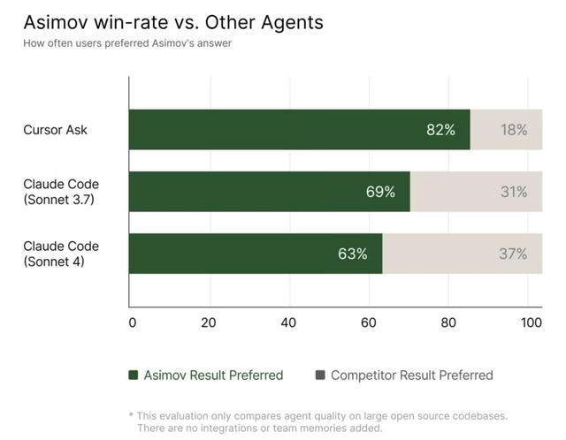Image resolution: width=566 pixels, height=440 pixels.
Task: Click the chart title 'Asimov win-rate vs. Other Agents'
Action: [173, 22]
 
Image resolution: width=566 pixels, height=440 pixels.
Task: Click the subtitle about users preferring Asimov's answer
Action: [127, 43]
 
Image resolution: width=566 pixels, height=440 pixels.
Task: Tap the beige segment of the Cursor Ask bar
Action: [506, 130]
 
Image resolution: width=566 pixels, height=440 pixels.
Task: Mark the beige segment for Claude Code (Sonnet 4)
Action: [462, 254]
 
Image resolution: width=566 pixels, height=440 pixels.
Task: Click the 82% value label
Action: [440, 130]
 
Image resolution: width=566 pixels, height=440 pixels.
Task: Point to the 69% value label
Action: [380, 192]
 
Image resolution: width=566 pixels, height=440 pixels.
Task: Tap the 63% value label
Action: [352, 254]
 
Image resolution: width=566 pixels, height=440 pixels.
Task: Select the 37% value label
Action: [512, 254]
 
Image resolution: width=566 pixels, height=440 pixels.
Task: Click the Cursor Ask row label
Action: [55, 130]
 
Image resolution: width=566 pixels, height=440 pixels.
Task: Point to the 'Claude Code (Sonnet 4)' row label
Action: [61, 254]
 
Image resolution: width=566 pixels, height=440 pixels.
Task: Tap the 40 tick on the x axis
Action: [288, 322]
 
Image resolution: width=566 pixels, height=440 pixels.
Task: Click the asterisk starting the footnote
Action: [131, 414]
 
